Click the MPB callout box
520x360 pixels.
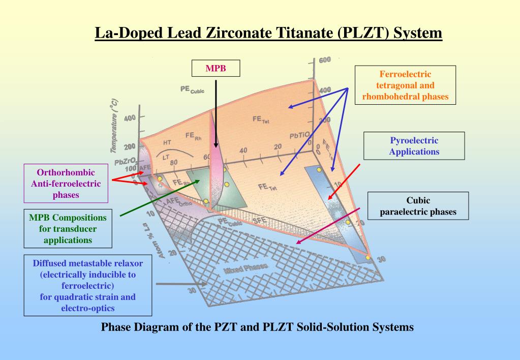[x=216, y=69]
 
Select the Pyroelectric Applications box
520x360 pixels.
[x=414, y=145]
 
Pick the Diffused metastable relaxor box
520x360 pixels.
[x=88, y=285]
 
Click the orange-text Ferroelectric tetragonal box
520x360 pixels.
[x=405, y=86]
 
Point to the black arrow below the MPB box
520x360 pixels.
[x=216, y=112]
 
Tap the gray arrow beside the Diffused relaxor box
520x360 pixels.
[x=168, y=284]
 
